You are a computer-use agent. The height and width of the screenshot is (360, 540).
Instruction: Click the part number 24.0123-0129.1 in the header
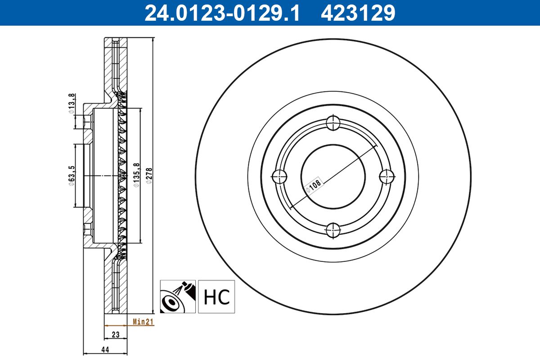click(221, 13)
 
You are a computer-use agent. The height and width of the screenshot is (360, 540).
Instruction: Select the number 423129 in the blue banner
click(358, 13)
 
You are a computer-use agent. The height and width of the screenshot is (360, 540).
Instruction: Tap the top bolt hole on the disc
click(333, 122)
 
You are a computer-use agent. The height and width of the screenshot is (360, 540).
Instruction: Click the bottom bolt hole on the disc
click(333, 230)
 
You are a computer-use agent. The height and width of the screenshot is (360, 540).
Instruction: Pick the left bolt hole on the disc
click(279, 176)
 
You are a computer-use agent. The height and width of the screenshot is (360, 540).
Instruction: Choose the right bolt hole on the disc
click(387, 176)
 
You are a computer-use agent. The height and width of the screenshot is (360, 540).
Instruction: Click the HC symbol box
click(217, 297)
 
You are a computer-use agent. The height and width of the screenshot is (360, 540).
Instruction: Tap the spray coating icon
click(178, 297)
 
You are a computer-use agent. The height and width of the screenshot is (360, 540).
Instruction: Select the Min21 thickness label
click(143, 321)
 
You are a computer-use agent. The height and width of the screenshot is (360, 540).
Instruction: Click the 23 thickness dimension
click(116, 334)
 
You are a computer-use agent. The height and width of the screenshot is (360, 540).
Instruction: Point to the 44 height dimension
click(105, 349)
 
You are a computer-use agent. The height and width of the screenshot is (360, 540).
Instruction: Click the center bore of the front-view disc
click(333, 176)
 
